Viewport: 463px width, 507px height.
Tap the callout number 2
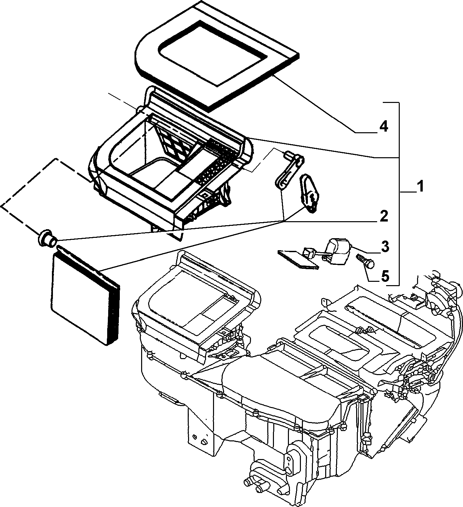pos(383,216)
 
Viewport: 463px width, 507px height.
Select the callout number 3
pos(385,247)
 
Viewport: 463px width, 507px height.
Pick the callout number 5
pos(385,276)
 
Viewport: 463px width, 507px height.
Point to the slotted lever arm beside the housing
pos(289,172)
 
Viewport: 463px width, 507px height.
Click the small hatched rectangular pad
pos(298,260)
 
